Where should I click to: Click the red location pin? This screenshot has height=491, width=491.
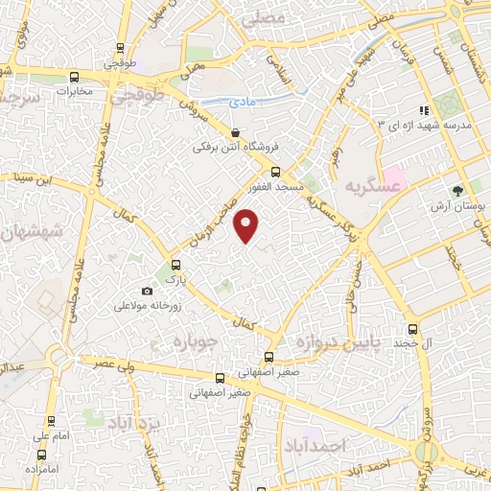tap(248, 224)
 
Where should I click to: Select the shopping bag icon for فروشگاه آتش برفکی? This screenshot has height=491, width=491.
tap(236, 133)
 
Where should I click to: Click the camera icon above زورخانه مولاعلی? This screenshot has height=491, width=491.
tap(147, 291)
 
